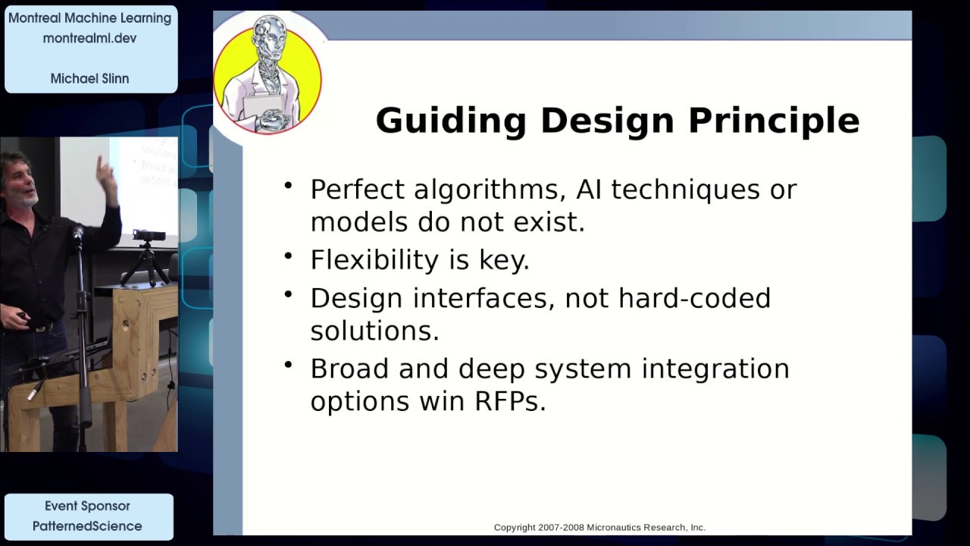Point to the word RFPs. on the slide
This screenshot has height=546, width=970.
[x=510, y=401]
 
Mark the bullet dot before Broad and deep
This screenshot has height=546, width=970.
[x=288, y=364]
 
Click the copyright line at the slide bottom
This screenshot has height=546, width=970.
[x=599, y=527]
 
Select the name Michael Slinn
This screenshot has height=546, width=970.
[x=89, y=78]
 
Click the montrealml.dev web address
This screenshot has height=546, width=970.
[x=89, y=38]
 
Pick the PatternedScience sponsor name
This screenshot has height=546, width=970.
[x=87, y=526]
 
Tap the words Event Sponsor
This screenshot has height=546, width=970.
[x=87, y=506]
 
